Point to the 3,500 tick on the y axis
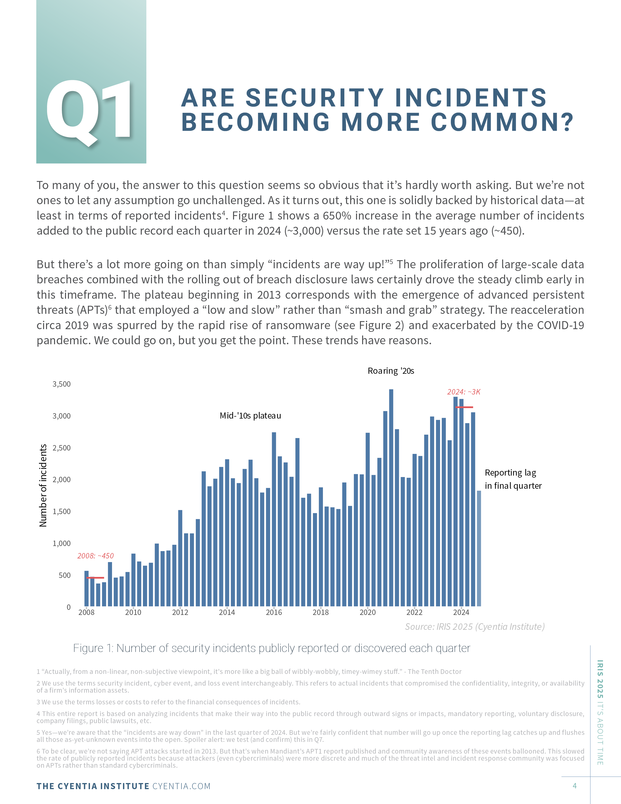point(61,384)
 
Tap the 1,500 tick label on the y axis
point(61,511)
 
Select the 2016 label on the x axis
point(274,612)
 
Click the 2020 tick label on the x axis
point(367,612)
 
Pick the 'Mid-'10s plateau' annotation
point(250,416)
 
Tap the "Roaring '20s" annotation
point(391,371)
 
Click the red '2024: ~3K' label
point(463,392)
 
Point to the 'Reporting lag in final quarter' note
point(513,479)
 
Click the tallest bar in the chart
point(391,498)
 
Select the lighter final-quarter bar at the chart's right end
point(479,548)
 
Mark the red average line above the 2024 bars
point(464,407)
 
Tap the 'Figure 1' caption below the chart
point(272,648)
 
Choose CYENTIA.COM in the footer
point(181,786)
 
